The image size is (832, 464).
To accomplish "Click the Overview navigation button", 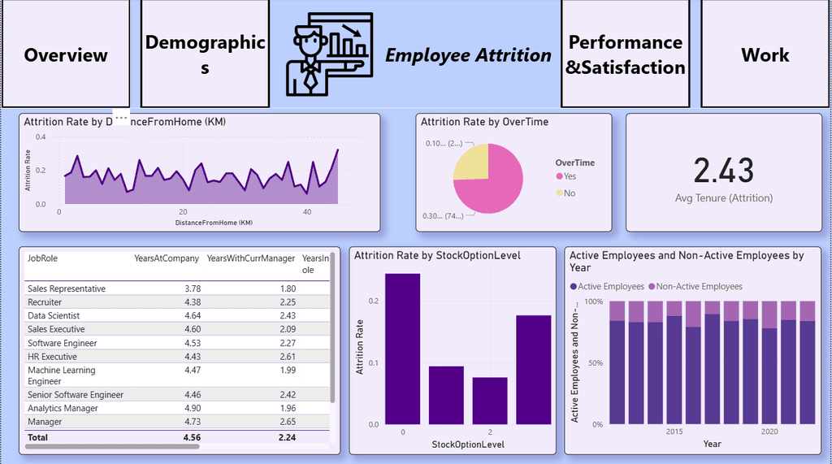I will [x=65, y=54].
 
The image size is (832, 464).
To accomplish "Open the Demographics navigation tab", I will [x=205, y=54].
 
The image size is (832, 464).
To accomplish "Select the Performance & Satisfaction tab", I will [x=625, y=54].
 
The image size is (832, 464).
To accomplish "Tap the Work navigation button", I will [x=765, y=54].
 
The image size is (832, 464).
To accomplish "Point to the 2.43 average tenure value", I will [x=723, y=171].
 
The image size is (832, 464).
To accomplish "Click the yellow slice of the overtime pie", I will [x=471, y=161].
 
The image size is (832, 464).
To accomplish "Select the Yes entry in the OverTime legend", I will [x=570, y=176].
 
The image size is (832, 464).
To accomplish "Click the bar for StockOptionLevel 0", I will [x=402, y=349].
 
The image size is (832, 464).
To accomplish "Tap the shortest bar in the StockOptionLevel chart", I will [x=489, y=401].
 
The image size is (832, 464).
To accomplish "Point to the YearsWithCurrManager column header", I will [x=251, y=258].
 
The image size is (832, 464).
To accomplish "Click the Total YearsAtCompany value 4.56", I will [x=191, y=437].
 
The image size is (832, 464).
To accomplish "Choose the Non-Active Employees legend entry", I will [x=698, y=286].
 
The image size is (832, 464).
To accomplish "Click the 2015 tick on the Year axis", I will [x=674, y=432].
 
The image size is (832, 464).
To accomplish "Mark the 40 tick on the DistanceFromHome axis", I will [x=306, y=212].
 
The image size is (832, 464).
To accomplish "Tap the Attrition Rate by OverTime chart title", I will [x=484, y=122].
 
